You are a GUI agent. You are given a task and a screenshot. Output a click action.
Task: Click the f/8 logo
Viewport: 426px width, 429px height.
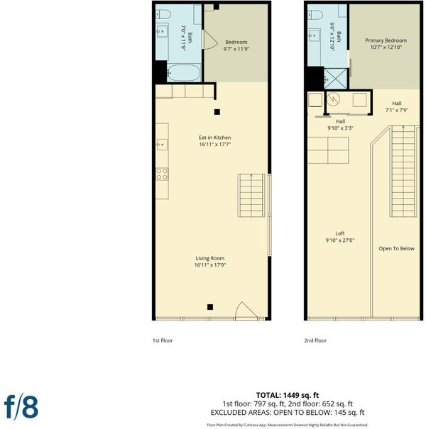point(21,407)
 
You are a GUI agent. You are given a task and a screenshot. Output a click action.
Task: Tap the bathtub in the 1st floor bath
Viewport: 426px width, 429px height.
point(184,72)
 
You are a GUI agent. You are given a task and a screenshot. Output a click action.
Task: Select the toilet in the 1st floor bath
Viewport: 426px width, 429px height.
point(163,14)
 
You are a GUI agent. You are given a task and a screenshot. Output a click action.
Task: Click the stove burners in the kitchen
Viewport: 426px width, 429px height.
point(162,174)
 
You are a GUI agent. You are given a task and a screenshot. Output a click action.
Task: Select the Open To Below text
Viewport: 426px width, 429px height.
point(396,249)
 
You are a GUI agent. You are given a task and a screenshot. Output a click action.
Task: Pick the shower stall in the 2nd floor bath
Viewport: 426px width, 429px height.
point(335,79)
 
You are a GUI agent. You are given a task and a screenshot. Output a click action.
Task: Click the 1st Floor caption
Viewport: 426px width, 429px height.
point(163,340)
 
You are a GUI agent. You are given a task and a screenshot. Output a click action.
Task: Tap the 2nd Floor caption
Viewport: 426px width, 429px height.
point(315,340)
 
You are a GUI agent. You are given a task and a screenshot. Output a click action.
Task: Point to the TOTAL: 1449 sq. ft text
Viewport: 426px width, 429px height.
point(288,396)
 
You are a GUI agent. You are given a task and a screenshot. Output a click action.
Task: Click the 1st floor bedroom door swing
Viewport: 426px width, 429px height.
point(210,40)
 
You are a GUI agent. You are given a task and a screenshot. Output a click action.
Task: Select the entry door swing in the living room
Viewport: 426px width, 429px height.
point(246,311)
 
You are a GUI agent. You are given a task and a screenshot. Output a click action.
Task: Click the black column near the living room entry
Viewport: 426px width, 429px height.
point(210,307)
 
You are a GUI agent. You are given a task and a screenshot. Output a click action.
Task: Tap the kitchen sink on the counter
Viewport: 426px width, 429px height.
point(162,145)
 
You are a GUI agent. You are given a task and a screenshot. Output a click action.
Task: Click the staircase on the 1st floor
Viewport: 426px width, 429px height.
point(251,195)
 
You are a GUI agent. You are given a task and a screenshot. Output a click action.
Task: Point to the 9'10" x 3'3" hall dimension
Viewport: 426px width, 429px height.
point(341,128)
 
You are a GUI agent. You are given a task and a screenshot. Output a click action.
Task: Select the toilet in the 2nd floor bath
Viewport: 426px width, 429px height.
point(315,15)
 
